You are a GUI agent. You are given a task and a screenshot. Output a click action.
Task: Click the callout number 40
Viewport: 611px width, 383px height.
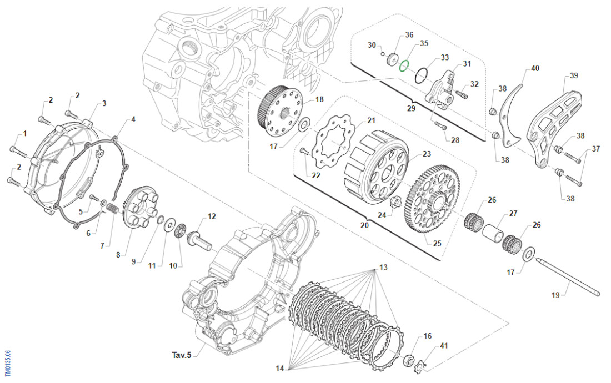(x=535, y=68)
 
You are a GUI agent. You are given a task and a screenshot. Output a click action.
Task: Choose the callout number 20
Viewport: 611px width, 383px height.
(x=364, y=226)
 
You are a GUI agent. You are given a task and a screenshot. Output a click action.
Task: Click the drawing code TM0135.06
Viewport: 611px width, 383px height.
(x=7, y=361)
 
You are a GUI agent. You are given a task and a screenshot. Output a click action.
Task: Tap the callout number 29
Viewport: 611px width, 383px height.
(x=410, y=108)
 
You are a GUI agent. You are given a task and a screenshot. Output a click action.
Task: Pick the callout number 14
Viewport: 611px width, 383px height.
(x=279, y=368)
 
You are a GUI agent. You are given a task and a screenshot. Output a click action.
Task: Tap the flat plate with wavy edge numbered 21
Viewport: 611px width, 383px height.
(x=332, y=142)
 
